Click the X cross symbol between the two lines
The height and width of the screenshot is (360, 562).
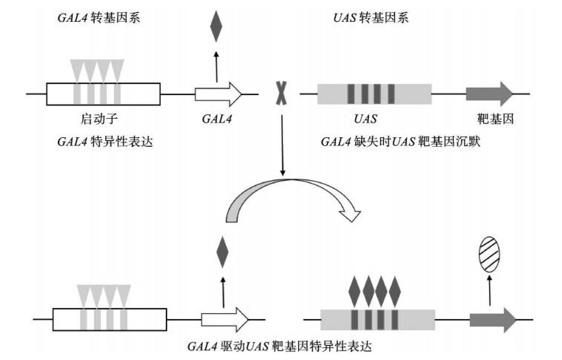[x=281, y=93]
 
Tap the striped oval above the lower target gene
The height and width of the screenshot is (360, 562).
[x=489, y=254]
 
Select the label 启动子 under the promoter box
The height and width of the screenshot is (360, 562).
[x=99, y=119]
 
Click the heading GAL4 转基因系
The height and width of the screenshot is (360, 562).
[x=99, y=18]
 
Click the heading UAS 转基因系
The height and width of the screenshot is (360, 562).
[x=371, y=18]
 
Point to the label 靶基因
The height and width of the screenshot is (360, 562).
[x=495, y=119]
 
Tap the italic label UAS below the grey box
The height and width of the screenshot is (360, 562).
[x=365, y=119]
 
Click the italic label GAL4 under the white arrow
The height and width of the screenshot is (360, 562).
[x=217, y=119]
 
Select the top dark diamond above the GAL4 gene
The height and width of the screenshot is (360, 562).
[x=216, y=26]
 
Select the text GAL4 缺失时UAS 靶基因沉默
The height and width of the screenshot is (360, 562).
[x=400, y=142]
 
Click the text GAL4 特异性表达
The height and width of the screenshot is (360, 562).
[x=105, y=142]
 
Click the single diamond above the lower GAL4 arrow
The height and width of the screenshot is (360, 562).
[x=222, y=252]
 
